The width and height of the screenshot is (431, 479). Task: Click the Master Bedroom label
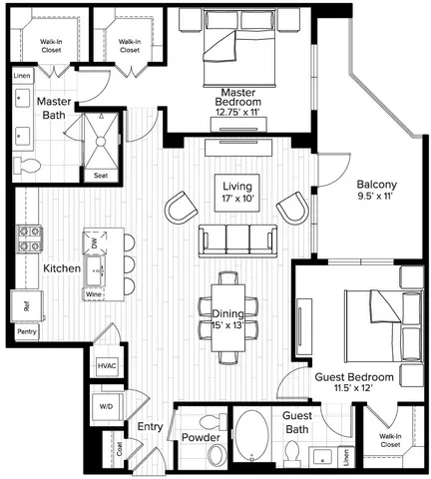(x=237, y=101)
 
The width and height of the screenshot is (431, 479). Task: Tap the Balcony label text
(x=378, y=185)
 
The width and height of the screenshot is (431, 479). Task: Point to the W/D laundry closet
(x=107, y=408)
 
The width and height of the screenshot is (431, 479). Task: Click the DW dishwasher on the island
(x=94, y=243)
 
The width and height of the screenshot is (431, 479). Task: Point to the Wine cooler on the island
(x=94, y=294)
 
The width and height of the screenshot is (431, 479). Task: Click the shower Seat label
(x=100, y=176)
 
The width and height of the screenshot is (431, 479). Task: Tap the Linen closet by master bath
(x=22, y=76)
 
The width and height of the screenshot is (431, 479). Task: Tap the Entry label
(x=150, y=427)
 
